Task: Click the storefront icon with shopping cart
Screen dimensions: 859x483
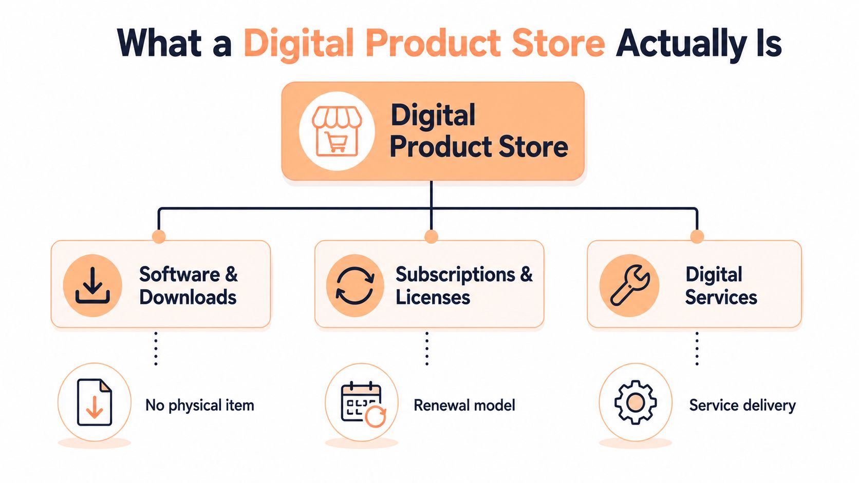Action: tap(337, 131)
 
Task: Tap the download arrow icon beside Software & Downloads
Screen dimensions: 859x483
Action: tap(92, 286)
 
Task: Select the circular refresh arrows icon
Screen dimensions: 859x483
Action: tap(355, 286)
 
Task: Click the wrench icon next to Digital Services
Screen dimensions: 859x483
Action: tap(629, 285)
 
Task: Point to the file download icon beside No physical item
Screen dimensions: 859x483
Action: tap(95, 402)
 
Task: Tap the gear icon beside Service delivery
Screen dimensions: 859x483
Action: tap(636, 402)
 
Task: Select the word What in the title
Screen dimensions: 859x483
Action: tap(159, 43)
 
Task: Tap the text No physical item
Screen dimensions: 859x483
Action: tap(200, 405)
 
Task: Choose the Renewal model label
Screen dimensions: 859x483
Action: tap(464, 405)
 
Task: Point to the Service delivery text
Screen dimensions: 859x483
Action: tap(742, 405)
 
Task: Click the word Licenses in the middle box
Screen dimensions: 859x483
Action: tap(433, 297)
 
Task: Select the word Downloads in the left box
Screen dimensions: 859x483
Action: tap(188, 297)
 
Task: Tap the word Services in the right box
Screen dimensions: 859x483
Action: tap(721, 297)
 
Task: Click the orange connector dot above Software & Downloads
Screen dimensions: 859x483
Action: tap(159, 236)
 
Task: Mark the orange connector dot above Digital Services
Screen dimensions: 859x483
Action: tap(697, 236)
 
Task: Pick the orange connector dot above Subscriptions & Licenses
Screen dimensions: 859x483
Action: tap(432, 236)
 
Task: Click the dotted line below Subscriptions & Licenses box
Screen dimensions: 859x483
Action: tap(427, 349)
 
